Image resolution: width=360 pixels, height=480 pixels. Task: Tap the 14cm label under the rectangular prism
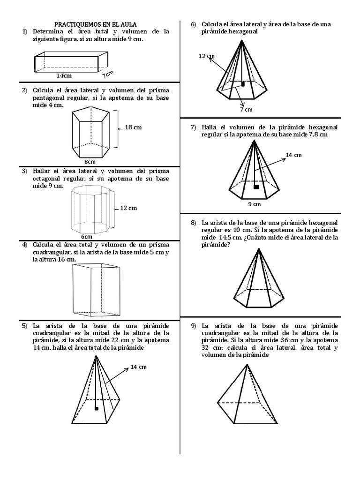64,75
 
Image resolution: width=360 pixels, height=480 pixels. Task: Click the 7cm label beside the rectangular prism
109,73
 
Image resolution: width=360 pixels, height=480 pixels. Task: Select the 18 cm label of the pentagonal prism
133,127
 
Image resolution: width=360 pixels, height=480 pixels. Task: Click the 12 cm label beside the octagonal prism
128,208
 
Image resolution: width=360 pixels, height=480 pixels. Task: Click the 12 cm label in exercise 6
206,56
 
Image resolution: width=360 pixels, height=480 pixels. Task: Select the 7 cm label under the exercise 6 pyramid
246,109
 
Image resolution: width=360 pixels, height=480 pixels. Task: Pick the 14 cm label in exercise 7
293,155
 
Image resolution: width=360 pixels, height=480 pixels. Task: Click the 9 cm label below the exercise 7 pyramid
255,204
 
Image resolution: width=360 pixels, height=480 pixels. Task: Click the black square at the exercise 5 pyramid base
97,409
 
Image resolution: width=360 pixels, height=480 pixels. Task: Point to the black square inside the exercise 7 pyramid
256,187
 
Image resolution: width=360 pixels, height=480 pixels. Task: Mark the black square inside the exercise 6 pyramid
243,84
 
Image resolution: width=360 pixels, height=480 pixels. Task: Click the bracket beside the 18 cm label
118,127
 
